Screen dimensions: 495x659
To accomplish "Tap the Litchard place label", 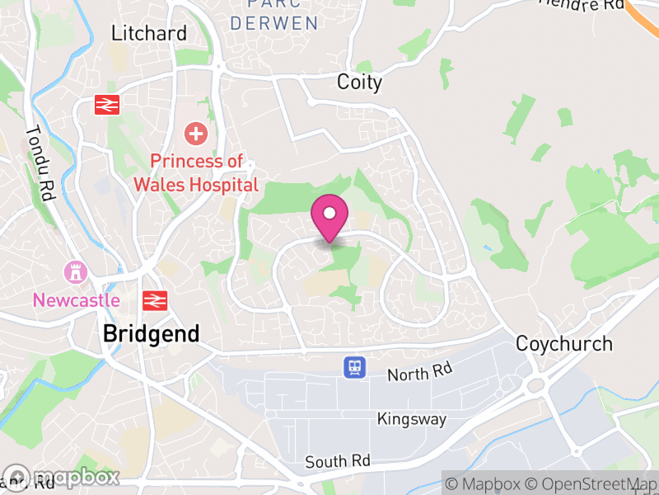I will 149,33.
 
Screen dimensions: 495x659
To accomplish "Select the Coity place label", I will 360,82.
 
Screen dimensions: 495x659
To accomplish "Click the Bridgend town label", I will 152,334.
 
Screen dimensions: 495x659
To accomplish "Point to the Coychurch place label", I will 564,343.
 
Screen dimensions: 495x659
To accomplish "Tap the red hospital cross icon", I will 196,132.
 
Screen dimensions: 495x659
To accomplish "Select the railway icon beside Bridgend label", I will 154,299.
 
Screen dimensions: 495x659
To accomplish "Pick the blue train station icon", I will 355,366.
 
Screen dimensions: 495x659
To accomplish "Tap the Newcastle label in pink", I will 76,299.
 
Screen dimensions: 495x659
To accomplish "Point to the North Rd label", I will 420,373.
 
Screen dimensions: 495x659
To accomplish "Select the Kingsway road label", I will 412,419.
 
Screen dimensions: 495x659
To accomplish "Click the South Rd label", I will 338,461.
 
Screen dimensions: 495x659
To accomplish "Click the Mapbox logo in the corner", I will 62,477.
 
